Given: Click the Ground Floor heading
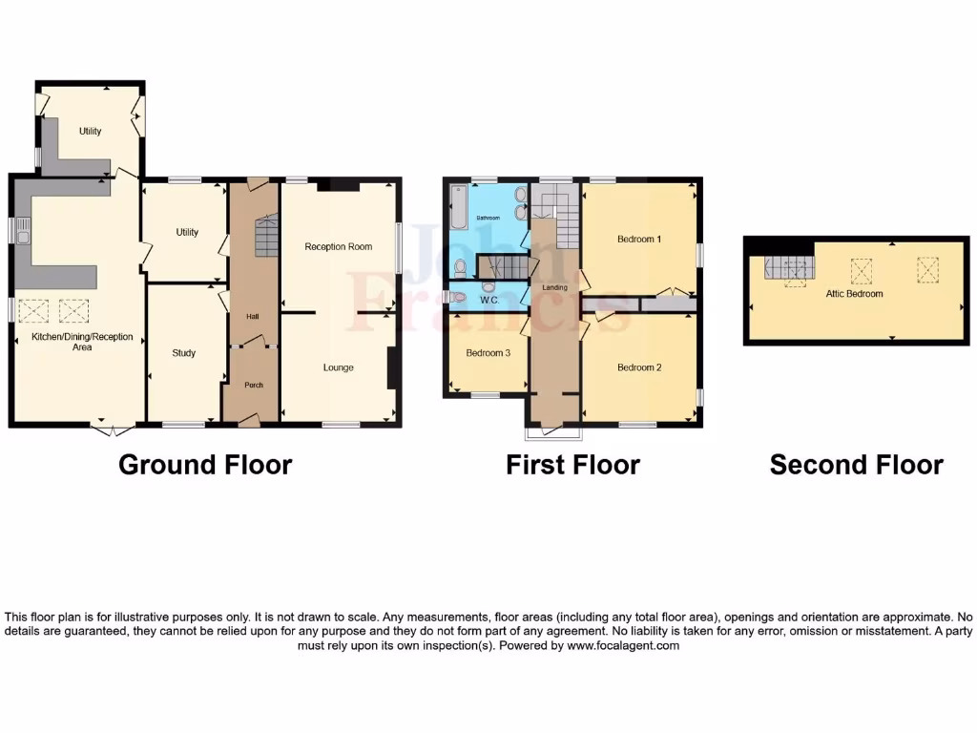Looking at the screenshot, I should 204,465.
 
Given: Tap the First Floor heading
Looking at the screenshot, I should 572,465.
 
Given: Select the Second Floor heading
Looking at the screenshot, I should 856,465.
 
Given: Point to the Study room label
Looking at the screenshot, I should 183,353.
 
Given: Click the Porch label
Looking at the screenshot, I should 252,386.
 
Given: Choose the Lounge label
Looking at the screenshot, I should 338,367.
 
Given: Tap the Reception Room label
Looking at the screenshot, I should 338,246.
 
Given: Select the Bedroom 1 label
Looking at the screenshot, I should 638,239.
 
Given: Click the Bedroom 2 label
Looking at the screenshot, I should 638,367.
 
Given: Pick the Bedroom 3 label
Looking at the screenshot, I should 488,353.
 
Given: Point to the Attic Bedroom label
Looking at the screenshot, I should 854,294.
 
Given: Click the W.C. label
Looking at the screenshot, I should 489,300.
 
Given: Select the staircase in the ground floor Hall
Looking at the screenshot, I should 265,235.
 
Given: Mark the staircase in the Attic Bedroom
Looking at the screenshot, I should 786,270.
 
